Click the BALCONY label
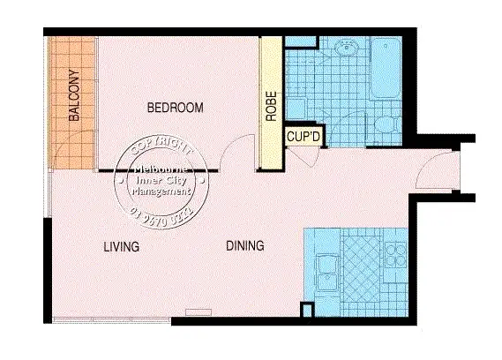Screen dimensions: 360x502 75,95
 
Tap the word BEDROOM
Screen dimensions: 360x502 175,109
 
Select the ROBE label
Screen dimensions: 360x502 271,106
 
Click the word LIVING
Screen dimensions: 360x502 121,247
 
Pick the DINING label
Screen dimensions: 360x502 244,246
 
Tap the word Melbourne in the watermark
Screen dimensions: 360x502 160,171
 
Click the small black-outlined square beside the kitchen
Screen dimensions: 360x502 306,310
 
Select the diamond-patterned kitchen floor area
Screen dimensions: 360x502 360,265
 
